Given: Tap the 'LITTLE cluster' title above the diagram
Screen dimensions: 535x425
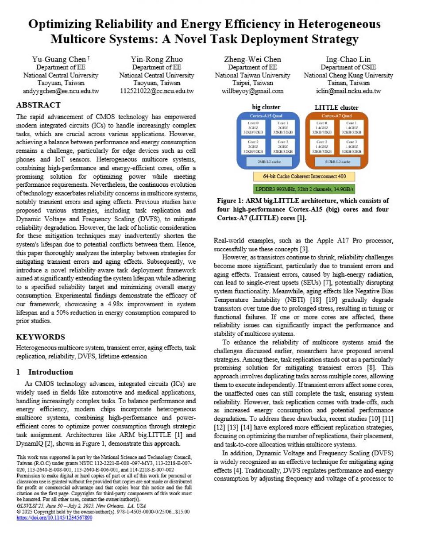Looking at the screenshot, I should [336, 108].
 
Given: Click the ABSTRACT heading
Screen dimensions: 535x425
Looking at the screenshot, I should [38, 105].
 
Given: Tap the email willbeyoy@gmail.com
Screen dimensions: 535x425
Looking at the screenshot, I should [252, 91].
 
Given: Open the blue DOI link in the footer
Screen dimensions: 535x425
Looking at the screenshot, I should [54, 517].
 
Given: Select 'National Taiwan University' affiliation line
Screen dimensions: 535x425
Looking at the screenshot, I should [252, 75].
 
